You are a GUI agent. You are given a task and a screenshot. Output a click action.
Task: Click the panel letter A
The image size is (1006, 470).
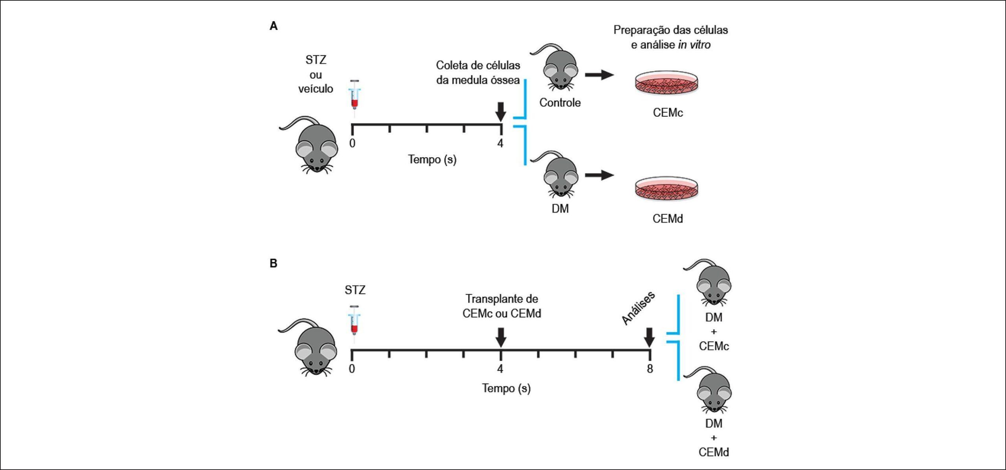pos(274,26)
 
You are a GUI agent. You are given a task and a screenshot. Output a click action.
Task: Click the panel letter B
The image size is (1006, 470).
pos(274,263)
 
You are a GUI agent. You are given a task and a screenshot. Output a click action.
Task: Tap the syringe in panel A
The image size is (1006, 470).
pos(354,98)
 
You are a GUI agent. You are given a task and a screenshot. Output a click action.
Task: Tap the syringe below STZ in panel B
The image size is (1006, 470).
pos(354,325)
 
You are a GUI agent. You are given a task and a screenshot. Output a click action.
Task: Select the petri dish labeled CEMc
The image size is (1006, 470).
pos(666,83)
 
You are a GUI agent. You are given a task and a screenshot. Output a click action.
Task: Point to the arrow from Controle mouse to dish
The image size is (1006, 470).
pos(600,75)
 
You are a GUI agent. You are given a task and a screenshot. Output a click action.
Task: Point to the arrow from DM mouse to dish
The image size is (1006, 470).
pos(600,175)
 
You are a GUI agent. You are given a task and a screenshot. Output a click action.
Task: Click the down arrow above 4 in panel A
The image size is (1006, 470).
pos(500,112)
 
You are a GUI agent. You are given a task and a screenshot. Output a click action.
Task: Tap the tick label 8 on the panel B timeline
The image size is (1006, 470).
pos(650,369)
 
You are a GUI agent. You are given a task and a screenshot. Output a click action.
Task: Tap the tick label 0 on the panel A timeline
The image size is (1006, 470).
pos(352,143)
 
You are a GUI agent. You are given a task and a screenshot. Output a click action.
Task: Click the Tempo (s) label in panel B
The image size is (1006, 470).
pos(506,388)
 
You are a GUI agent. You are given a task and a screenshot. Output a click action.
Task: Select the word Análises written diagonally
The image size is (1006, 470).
pos(638,308)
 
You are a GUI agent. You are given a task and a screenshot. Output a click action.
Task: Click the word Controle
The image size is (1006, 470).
pos(560,103)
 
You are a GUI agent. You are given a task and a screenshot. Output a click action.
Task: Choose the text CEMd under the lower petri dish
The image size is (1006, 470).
pos(668,218)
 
